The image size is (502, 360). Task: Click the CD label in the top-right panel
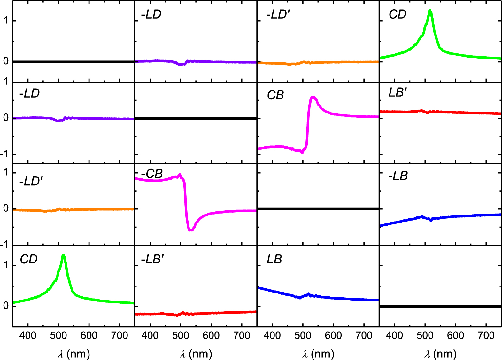click(397, 14)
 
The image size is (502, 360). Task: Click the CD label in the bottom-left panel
click(28, 259)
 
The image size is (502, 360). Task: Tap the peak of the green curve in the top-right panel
click(430, 11)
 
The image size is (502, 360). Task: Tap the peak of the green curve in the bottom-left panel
click(63, 255)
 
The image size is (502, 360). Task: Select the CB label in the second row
click(275, 95)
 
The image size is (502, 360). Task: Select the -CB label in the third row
click(152, 174)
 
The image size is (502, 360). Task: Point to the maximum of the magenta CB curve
click(313, 98)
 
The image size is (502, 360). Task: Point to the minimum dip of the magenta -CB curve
click(191, 230)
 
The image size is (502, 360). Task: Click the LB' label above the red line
click(398, 93)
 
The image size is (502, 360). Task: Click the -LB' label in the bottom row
click(152, 259)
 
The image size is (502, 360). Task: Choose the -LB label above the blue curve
click(398, 176)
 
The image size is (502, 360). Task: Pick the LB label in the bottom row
click(274, 259)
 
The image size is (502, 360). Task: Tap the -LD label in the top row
click(151, 14)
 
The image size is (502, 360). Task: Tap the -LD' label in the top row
click(278, 14)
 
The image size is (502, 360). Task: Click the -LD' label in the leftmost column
click(31, 182)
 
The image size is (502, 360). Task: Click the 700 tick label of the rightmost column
click(486, 335)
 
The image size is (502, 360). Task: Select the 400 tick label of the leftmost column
click(28, 335)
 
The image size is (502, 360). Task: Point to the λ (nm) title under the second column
click(196, 354)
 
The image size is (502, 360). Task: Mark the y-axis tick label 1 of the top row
click(6, 21)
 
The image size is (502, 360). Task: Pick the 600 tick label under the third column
click(333, 335)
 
